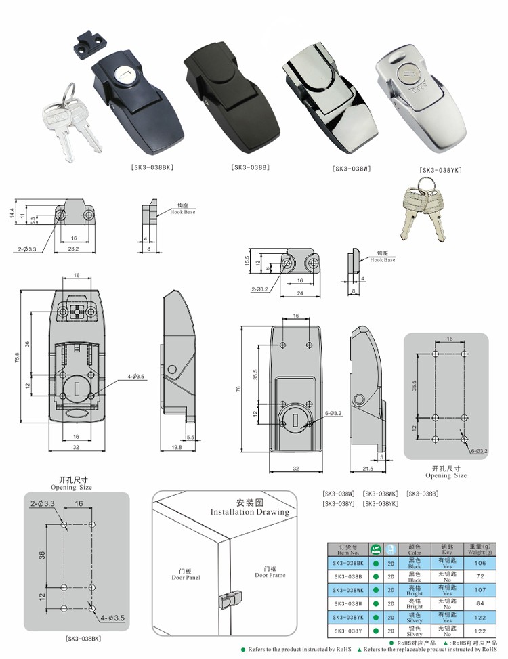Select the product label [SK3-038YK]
point(440,170)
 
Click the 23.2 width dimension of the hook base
point(72,249)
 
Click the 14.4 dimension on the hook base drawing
point(12,213)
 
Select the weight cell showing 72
point(479,576)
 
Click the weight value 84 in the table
point(479,603)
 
